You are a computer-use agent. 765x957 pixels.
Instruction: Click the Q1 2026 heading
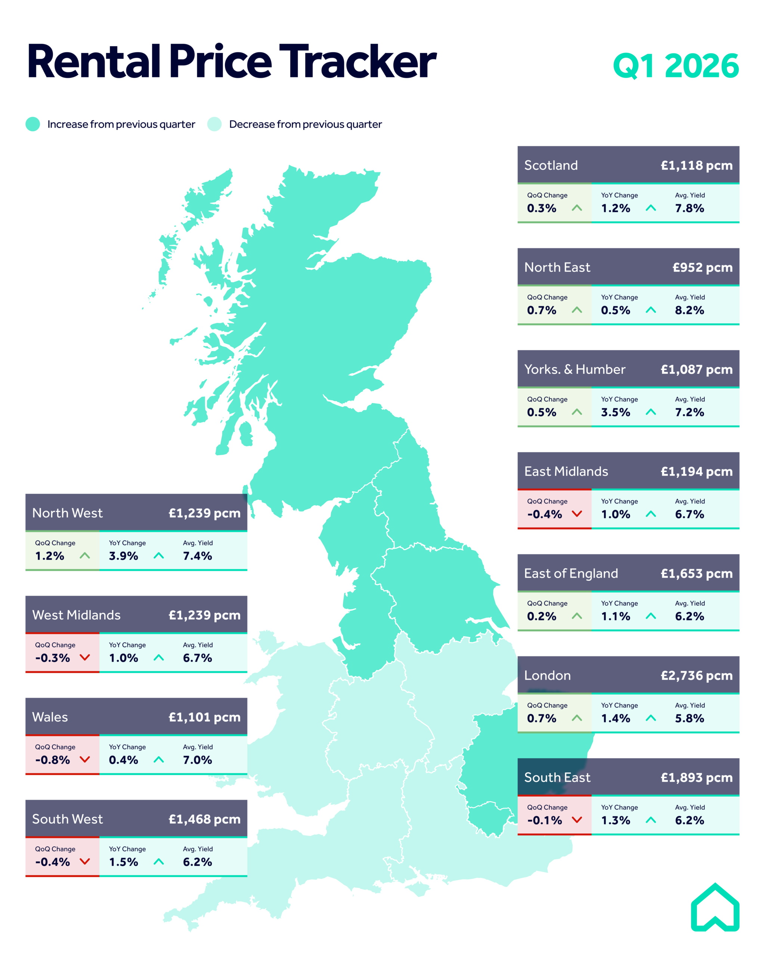675,66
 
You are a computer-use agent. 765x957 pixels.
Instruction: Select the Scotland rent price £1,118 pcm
696,165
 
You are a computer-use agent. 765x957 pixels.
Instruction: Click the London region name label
547,675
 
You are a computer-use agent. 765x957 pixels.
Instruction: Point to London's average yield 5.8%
689,718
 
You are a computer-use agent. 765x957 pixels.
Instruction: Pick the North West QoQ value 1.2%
50,556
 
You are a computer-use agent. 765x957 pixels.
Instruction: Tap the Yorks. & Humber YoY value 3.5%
615,412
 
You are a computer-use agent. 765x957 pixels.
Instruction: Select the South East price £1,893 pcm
696,777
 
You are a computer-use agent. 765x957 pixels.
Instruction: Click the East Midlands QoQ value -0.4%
544,514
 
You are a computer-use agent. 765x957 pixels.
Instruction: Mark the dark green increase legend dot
33,124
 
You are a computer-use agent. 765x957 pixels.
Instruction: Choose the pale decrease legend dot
214,124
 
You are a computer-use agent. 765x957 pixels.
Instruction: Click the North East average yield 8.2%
689,310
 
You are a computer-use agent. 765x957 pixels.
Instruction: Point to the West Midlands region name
76,615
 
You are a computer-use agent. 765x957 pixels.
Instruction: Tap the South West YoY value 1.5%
123,862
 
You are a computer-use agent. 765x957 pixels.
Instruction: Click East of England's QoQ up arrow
576,616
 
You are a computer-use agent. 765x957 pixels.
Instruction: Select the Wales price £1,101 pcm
204,717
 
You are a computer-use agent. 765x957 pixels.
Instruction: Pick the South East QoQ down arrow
576,820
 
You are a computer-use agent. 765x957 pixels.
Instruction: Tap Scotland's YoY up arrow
651,208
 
